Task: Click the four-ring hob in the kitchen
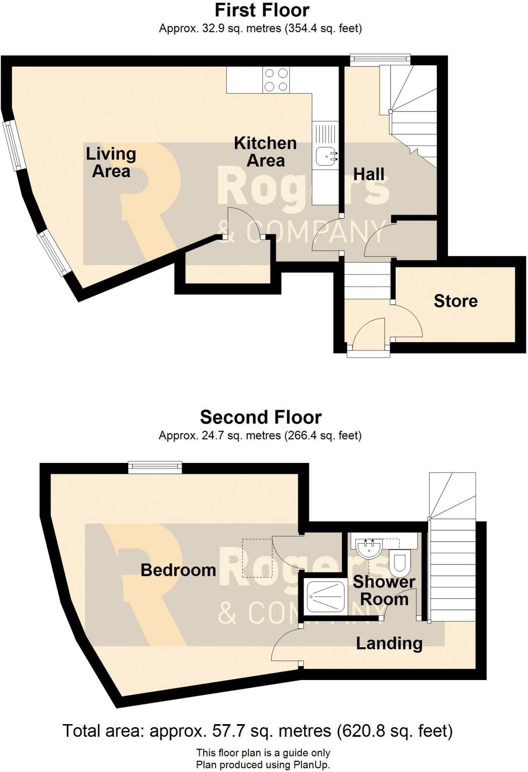pos(276,80)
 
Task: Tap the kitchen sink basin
pos(325,156)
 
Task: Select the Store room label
pos(456,301)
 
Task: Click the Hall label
pos(369,175)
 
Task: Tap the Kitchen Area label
pos(265,152)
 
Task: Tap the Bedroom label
pos(178,570)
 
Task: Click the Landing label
pos(389,643)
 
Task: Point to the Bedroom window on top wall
pos(155,467)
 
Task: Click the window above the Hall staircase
pos(380,58)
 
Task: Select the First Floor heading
pos(262,10)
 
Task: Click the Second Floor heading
pos(261,417)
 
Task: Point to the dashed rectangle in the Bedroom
pos(257,558)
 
